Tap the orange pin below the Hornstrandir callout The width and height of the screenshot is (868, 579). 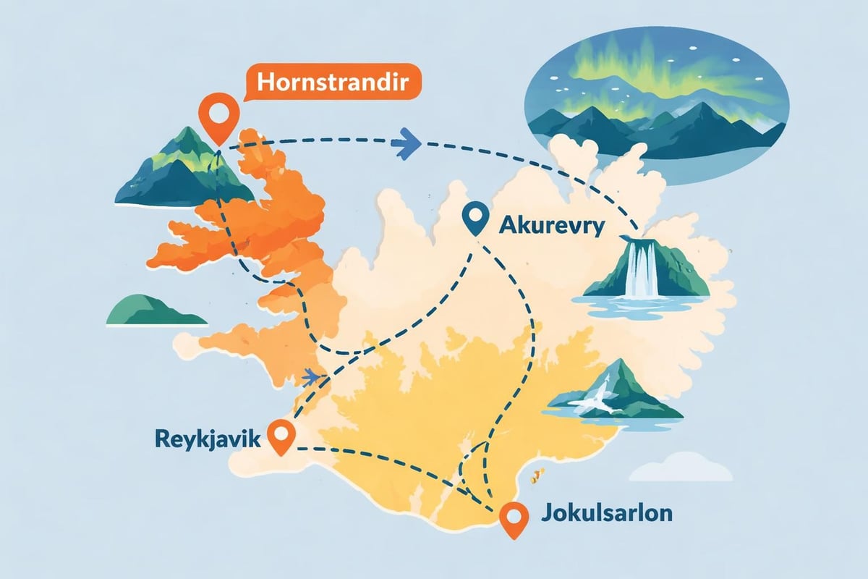tap(217, 119)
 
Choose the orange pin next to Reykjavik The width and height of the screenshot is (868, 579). tap(281, 435)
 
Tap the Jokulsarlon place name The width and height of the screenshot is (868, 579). tap(606, 515)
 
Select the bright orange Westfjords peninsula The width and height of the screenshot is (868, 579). tap(246, 217)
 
